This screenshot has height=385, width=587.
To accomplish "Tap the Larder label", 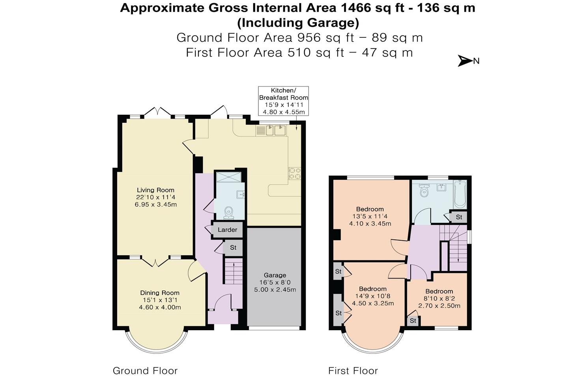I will click(227, 230).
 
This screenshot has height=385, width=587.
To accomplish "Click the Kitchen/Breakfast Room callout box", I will click(283, 101).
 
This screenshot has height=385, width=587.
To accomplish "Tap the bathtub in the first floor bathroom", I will click(460, 194).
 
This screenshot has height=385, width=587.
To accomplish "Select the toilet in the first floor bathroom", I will click(424, 191).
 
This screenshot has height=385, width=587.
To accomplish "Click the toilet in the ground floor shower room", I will click(228, 213).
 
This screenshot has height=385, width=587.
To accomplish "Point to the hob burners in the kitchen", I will click(294, 173).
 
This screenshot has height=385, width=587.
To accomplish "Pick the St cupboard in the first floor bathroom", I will click(459, 217).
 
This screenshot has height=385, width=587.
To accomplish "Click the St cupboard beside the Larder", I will click(233, 248).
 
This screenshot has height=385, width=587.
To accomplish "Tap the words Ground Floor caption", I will click(145, 371).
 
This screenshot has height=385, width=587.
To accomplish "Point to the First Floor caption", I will click(353, 371).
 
